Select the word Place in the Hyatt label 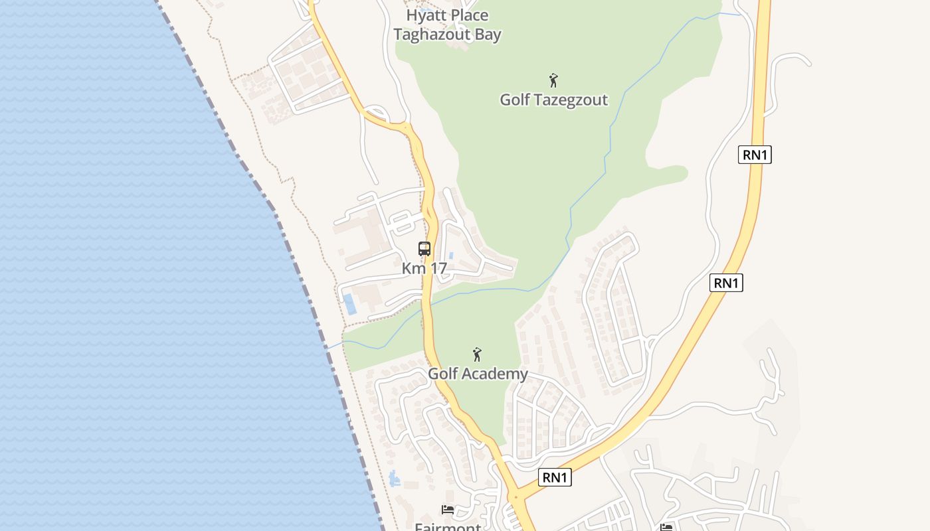[468, 15]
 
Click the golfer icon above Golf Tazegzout [553, 80]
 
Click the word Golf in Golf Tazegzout [514, 100]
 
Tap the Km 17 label [424, 269]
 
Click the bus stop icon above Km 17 [424, 249]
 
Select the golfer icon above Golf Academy [477, 354]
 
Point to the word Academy [496, 374]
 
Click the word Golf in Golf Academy [442, 374]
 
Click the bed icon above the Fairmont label [448, 510]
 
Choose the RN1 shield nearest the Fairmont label [555, 477]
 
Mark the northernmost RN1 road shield [755, 155]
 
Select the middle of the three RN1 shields [726, 283]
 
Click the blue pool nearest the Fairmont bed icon [395, 478]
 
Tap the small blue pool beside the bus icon [451, 256]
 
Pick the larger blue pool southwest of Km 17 [349, 304]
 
